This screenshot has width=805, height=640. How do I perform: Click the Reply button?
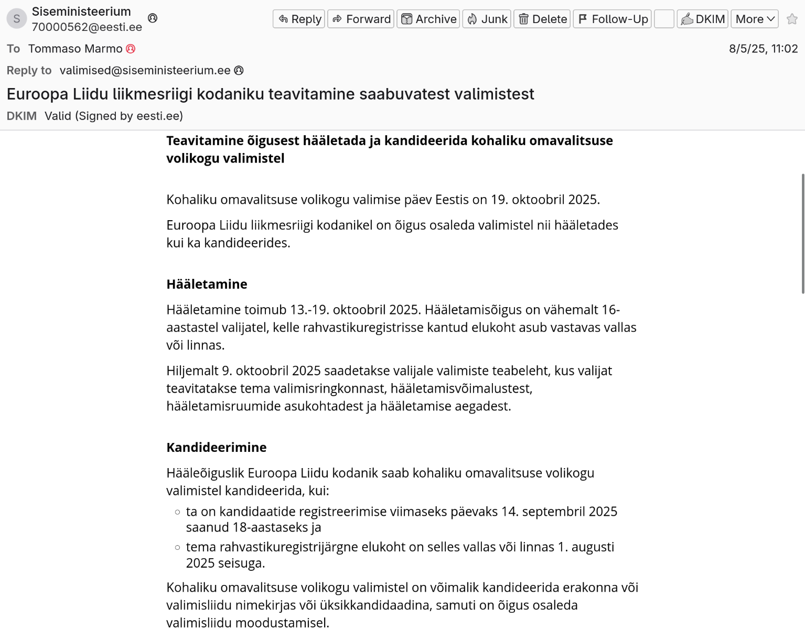[299, 19]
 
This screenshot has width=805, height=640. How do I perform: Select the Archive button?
[428, 19]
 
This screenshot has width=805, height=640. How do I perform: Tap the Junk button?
[486, 19]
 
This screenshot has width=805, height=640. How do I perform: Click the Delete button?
[542, 19]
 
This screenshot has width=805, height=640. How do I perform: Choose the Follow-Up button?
[612, 19]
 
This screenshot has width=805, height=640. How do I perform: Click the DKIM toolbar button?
[702, 19]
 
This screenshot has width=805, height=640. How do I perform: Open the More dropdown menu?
[754, 19]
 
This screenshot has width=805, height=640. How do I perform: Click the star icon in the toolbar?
[792, 19]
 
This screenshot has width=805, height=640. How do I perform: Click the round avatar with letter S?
[17, 19]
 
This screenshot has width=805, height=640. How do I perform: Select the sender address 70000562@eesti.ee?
[87, 27]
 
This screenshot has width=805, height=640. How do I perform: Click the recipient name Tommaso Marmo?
[75, 49]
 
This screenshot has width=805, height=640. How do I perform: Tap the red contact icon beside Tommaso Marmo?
[131, 49]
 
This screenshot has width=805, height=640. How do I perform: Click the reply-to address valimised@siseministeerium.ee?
[145, 70]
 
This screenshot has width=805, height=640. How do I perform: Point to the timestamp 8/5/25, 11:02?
[763, 49]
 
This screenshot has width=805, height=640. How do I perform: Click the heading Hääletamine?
[207, 284]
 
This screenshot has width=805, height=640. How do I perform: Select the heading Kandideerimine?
[216, 447]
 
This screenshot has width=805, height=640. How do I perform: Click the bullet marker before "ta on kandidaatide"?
[177, 512]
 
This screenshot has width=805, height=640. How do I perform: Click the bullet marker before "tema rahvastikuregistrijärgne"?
[177, 547]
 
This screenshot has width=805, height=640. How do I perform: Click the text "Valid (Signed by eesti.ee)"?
[114, 116]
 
